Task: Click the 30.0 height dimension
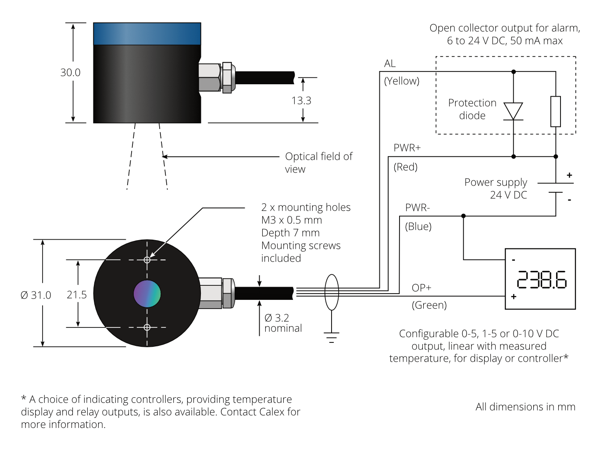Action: pyautogui.click(x=70, y=72)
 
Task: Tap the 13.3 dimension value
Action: pyautogui.click(x=301, y=101)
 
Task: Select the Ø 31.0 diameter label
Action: pyautogui.click(x=36, y=295)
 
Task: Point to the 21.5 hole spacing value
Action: pyautogui.click(x=77, y=295)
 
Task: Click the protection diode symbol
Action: pyautogui.click(x=513, y=111)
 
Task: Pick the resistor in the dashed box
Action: pyautogui.click(x=556, y=111)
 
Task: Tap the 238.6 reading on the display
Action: pyautogui.click(x=542, y=280)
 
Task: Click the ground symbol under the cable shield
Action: pyautogui.click(x=332, y=338)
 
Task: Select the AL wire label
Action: pyautogui.click(x=390, y=64)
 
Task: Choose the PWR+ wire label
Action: pyautogui.click(x=407, y=148)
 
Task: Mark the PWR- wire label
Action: pyautogui.click(x=418, y=208)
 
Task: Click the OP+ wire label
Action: pyautogui.click(x=421, y=288)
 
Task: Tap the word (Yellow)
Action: pyautogui.click(x=402, y=81)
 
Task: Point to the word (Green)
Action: pyautogui.click(x=429, y=305)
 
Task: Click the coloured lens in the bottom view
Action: pyautogui.click(x=147, y=294)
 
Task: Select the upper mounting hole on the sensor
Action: pyautogui.click(x=147, y=260)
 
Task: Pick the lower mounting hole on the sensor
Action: pyautogui.click(x=147, y=327)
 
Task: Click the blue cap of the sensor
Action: pyautogui.click(x=147, y=34)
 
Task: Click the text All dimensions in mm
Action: pyautogui.click(x=525, y=407)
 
